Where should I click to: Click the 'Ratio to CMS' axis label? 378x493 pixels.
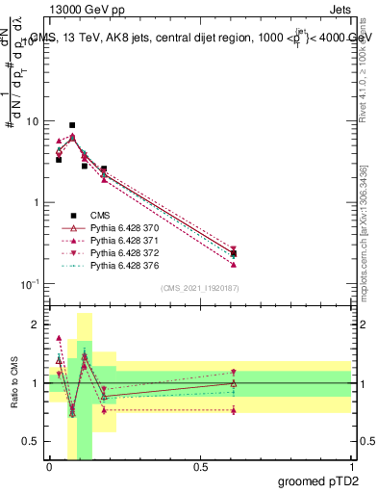pos(13,384)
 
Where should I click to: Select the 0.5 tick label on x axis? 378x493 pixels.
pos(200,467)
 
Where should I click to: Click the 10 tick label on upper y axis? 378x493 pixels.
pos(33,122)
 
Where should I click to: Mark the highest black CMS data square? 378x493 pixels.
pos(72,125)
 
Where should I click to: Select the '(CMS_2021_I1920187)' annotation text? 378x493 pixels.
pos(200,288)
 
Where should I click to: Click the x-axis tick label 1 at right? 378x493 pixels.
pos(351,467)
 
